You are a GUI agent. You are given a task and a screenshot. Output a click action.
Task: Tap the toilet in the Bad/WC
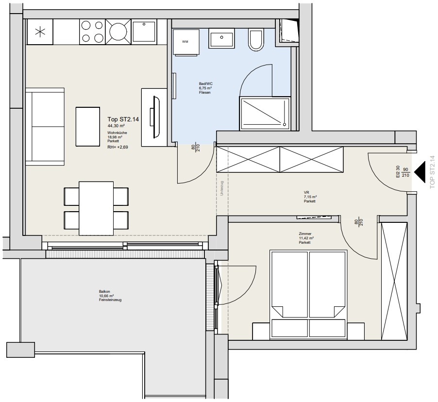256,40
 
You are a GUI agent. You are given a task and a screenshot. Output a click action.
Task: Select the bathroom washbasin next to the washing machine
221,38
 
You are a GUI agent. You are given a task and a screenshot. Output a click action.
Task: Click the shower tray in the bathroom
265,114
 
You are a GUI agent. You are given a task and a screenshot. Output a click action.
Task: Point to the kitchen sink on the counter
144,32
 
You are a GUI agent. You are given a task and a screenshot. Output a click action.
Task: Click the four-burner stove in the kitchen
92,32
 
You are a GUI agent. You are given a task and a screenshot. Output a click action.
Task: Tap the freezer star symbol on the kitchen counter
40,32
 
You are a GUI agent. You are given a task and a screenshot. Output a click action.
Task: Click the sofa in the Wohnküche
45,127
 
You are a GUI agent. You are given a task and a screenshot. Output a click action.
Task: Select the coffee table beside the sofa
88,127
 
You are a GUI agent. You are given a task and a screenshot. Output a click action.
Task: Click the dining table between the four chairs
96,208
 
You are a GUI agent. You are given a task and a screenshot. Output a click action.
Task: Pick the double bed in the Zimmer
308,295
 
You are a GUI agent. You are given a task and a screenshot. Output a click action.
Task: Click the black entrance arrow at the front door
419,171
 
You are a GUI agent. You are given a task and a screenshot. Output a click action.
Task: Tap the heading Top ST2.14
123,119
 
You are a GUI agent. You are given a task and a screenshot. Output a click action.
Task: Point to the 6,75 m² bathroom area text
205,88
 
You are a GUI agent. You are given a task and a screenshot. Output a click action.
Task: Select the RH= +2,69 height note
118,147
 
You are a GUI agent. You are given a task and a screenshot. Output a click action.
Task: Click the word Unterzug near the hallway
222,188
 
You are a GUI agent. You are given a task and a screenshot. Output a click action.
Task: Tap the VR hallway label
306,192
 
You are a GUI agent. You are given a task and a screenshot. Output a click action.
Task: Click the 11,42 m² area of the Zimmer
306,238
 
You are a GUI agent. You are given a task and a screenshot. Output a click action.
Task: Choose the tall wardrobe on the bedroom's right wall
394,281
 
